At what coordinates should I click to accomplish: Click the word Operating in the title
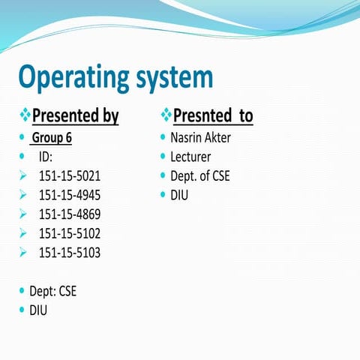tap(72, 78)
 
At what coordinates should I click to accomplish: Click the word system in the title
tap(172, 78)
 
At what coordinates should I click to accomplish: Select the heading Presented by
tap(76, 116)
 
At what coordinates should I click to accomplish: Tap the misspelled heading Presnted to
tap(213, 116)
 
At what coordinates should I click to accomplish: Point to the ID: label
tap(46, 157)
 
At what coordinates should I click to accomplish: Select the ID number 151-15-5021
tap(69, 176)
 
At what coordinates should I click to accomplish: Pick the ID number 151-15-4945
tap(69, 196)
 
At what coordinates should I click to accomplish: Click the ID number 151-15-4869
tap(69, 214)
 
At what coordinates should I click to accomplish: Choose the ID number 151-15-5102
tap(69, 233)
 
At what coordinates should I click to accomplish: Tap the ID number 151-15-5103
tap(69, 253)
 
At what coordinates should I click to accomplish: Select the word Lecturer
tap(190, 157)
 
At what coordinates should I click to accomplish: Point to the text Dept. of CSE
tap(200, 176)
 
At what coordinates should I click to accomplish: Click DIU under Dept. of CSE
tap(179, 196)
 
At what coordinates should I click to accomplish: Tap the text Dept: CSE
tap(52, 290)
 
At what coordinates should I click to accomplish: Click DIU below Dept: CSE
tap(38, 309)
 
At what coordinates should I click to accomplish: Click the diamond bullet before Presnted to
tap(166, 116)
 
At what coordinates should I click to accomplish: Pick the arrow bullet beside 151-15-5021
tap(22, 176)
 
